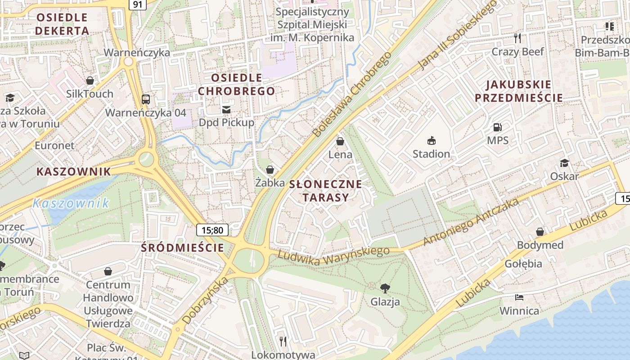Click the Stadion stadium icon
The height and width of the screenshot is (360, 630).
coord(431,141)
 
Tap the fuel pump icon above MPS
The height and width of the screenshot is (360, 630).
coord(497,128)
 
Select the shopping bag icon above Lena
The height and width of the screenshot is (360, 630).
coord(340,142)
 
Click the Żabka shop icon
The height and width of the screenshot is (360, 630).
coord(270,170)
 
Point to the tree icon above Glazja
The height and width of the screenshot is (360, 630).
coord(385,288)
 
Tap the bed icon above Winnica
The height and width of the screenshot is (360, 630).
coord(519,297)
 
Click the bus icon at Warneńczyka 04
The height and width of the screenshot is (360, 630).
coord(145,99)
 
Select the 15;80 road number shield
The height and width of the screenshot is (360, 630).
coord(212,230)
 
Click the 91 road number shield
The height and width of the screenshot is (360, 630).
coord(137,4)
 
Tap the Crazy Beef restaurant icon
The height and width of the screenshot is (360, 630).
coord(517,38)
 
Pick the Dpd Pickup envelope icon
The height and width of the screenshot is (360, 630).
coord(226,109)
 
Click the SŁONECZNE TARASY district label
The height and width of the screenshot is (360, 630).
coord(326,190)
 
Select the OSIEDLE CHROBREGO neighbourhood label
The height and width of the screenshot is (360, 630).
coord(236,84)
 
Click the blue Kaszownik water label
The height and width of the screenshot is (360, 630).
coord(71,203)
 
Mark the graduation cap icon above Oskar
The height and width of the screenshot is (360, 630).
coord(564,163)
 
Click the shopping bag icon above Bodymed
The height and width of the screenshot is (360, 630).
coord(540,232)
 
